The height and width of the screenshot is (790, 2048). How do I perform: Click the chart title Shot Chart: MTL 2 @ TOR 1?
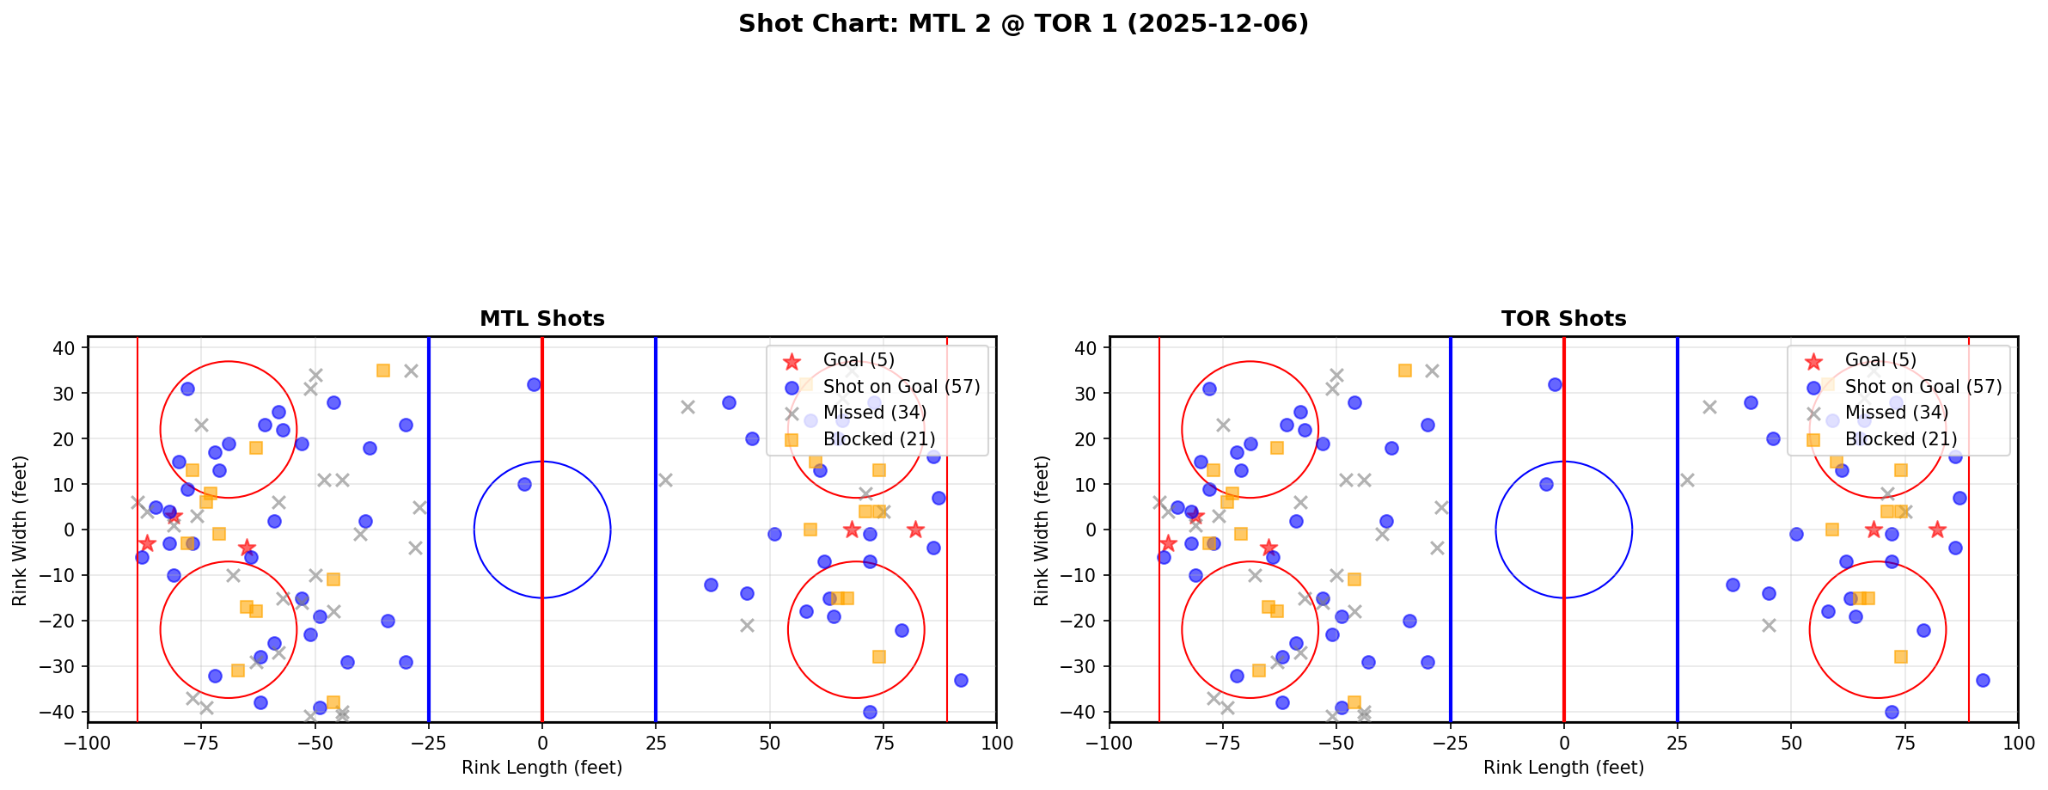pyautogui.click(x=1023, y=23)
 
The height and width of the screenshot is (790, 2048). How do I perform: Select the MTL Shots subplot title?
pyautogui.click(x=541, y=319)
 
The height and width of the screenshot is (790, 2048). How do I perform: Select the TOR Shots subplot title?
pyautogui.click(x=1563, y=319)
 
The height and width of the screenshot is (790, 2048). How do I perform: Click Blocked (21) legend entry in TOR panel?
pyautogui.click(x=1904, y=439)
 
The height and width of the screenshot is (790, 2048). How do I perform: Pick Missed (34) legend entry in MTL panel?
pyautogui.click(x=874, y=413)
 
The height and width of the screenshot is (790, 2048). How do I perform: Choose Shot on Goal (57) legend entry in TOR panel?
pyautogui.click(x=1923, y=387)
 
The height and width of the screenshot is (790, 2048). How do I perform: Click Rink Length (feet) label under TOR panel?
pyautogui.click(x=1563, y=768)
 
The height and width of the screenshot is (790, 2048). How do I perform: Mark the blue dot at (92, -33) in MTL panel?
pyautogui.click(x=960, y=680)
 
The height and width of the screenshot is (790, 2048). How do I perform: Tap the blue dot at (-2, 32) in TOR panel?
pyautogui.click(x=1555, y=384)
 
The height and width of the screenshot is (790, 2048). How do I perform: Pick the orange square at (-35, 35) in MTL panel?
pyautogui.click(x=383, y=371)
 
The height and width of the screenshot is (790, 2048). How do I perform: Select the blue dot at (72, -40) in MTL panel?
pyautogui.click(x=869, y=712)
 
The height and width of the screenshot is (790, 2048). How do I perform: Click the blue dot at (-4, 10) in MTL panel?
pyautogui.click(x=524, y=484)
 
